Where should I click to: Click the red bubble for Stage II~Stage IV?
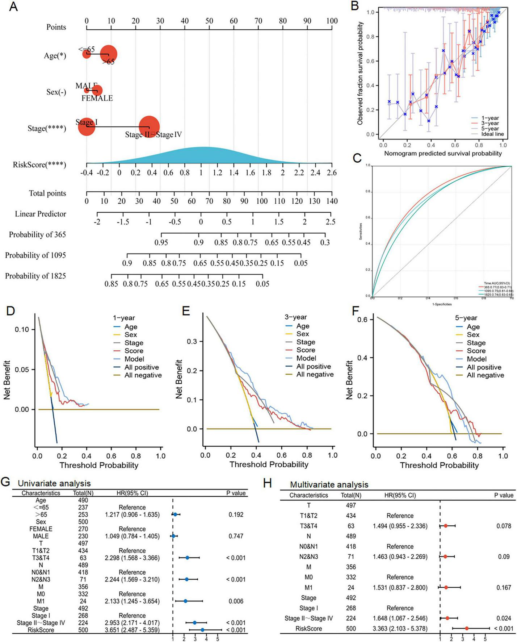[149, 126]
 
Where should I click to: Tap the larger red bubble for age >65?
[108, 54]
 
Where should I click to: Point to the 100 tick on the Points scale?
[332, 21]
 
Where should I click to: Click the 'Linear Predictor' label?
[41, 214]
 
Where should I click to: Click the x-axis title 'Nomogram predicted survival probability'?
[443, 153]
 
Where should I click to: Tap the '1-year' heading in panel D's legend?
[123, 318]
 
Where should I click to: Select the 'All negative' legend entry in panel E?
[315, 374]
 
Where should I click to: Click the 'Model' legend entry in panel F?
[476, 359]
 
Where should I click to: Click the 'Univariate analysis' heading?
[54, 483]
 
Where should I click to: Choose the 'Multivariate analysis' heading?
[329, 484]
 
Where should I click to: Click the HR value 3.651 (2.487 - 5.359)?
[132, 630]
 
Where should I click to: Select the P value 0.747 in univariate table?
[236, 536]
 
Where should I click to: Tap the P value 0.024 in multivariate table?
[504, 618]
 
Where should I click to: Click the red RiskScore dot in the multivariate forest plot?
[467, 629]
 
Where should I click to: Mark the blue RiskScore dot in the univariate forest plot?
[202, 630]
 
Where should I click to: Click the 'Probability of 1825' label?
[35, 276]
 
